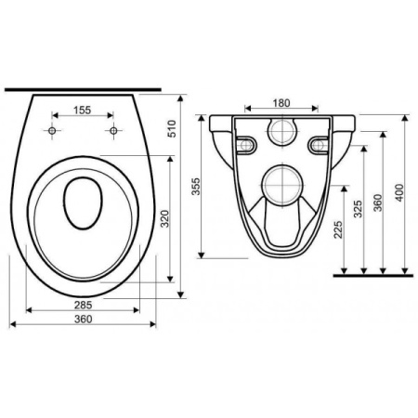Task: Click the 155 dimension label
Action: (83, 110)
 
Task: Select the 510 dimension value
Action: (171, 128)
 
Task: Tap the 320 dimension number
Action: (165, 218)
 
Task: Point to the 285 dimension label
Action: (84, 305)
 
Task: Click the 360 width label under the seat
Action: (84, 319)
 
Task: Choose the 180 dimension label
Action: (281, 103)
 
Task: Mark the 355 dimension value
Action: (196, 187)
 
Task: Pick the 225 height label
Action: (338, 229)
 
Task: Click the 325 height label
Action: (358, 209)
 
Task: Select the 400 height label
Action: (399, 192)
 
